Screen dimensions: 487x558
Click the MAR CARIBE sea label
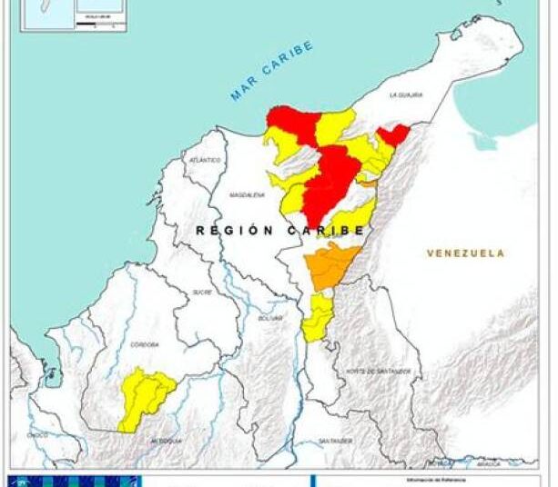272,71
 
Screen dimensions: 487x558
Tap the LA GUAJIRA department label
406,94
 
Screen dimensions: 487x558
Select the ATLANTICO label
205,160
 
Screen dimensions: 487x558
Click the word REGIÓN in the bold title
233,231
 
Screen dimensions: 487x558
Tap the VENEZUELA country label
464,253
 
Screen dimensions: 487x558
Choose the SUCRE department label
201,292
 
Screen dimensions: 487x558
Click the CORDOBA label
144,344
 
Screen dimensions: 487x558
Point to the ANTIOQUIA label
167,441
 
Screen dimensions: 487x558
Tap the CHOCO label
37,435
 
